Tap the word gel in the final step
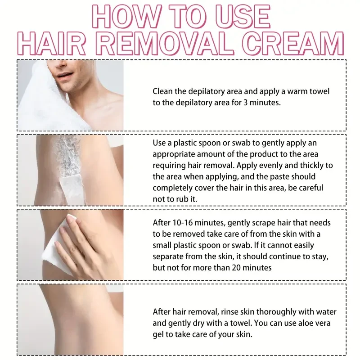click(x=159, y=334)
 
